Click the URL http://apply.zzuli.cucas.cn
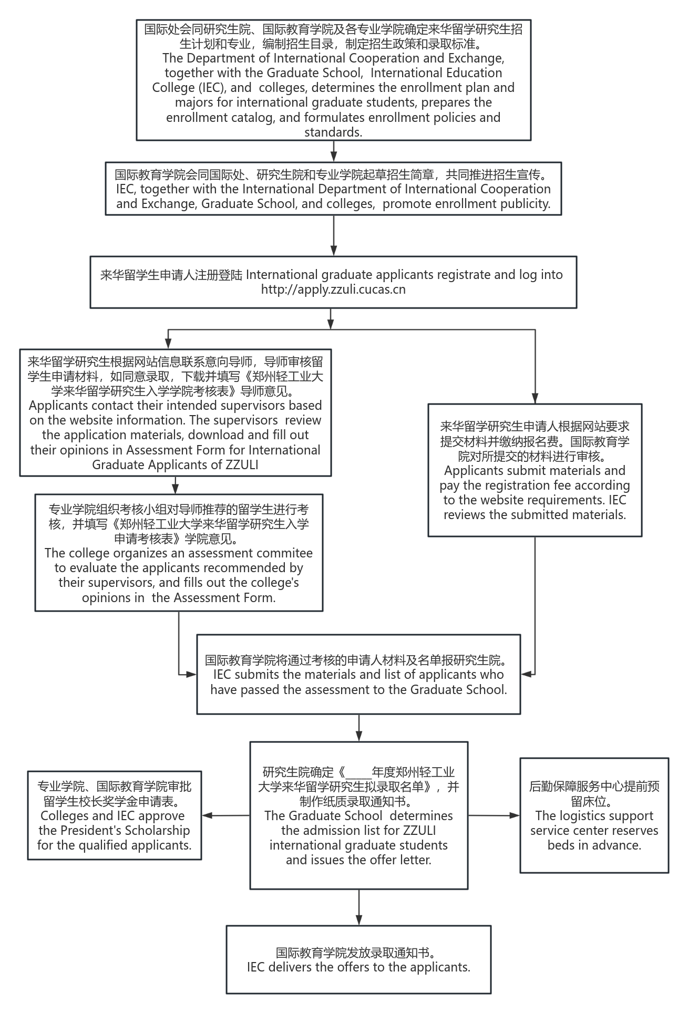[x=333, y=290]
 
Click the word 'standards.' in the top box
[x=333, y=132]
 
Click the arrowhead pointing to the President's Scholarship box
[x=207, y=815]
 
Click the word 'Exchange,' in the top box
[x=476, y=58]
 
